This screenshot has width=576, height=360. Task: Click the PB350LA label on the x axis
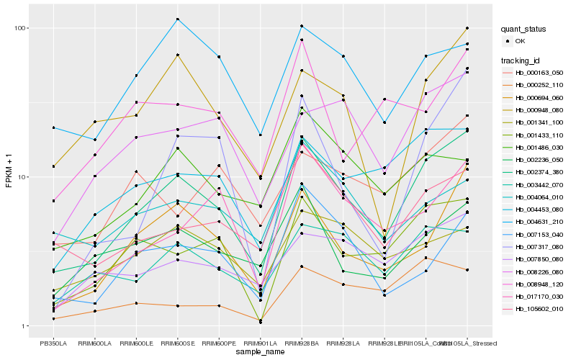53,343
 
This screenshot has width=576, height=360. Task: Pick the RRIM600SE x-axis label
178,343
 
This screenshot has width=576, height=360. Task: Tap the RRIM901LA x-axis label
261,343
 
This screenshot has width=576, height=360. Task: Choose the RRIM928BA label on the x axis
302,343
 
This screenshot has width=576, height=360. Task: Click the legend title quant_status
525,30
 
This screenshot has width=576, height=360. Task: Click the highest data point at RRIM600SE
178,19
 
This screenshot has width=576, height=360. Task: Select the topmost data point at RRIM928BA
302,26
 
